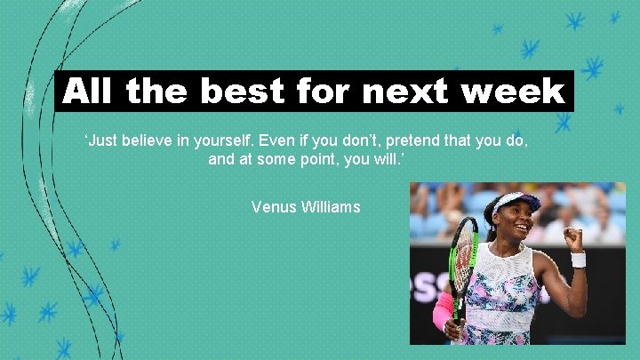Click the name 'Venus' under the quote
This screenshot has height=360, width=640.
point(273,207)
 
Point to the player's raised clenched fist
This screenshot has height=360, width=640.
point(573,237)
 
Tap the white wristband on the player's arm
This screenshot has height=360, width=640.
point(578,260)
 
